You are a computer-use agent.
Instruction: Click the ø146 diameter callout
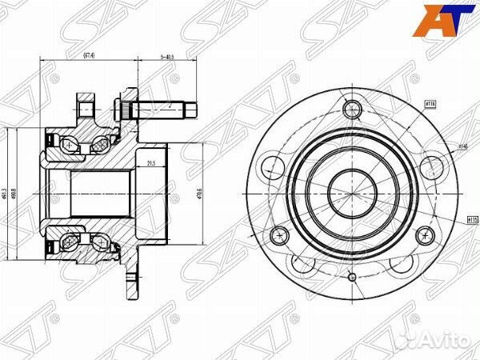pyautogui.click(x=462, y=146)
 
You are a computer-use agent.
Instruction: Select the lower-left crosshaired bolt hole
pyautogui.click(x=279, y=235)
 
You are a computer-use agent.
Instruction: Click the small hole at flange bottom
pyautogui.click(x=351, y=277)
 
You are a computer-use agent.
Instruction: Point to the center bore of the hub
pyautogui.click(x=351, y=190)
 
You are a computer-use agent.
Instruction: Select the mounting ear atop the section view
pyautogui.click(x=86, y=105)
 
